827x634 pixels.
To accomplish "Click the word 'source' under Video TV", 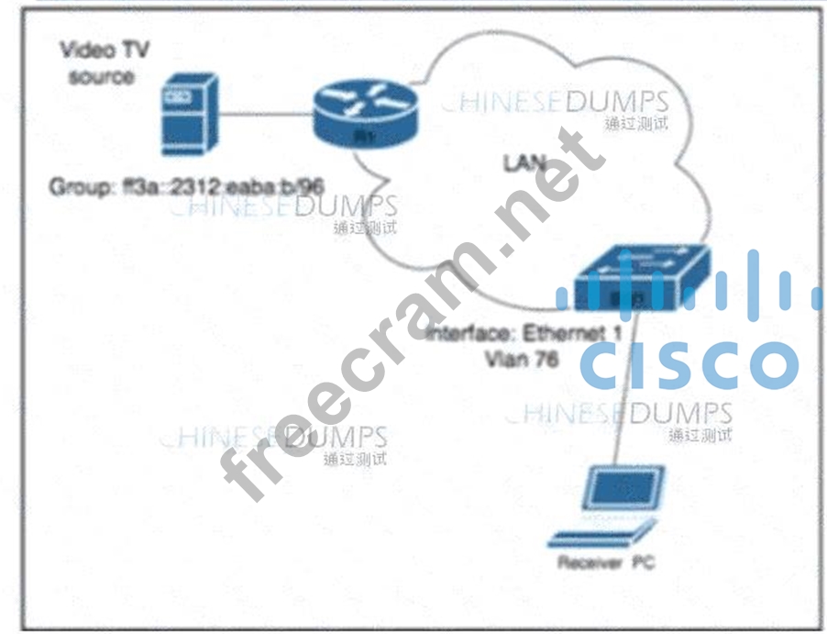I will point(101,76).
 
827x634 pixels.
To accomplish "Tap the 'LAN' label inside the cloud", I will point(524,163).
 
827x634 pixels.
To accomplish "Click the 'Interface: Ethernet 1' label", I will point(524,334).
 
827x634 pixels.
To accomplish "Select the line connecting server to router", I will point(266,116).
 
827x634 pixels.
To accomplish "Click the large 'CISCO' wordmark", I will point(689,363).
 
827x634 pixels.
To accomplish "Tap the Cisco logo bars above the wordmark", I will point(689,284).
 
